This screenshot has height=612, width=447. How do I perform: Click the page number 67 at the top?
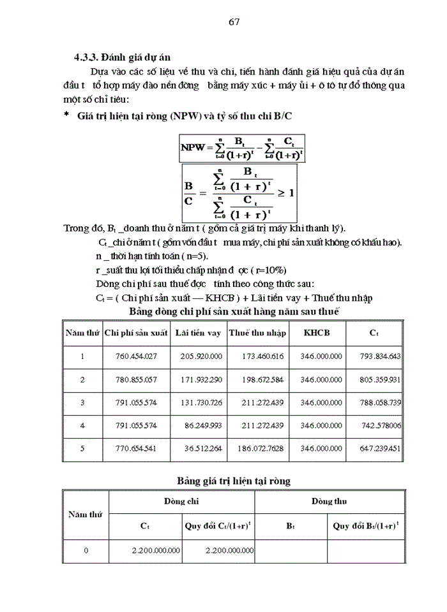coord(234,22)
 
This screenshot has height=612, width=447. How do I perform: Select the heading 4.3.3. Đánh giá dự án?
coord(121,57)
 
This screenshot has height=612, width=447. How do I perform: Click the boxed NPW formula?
coord(242,147)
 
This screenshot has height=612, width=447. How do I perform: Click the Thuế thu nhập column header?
coord(257,333)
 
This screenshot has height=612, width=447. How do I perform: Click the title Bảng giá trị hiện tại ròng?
coord(233,481)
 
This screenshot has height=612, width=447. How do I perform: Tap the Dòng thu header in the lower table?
coord(328,502)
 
